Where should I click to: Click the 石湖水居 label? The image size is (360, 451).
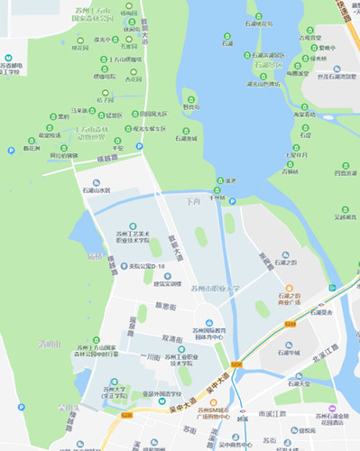click(x=96, y=190)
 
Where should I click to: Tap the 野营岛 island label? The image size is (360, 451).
click(x=190, y=106)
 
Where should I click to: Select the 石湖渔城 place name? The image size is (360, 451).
click(x=186, y=139)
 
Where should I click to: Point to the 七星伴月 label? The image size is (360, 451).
click(x=296, y=154)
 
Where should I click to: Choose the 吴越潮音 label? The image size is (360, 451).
click(x=346, y=216)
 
